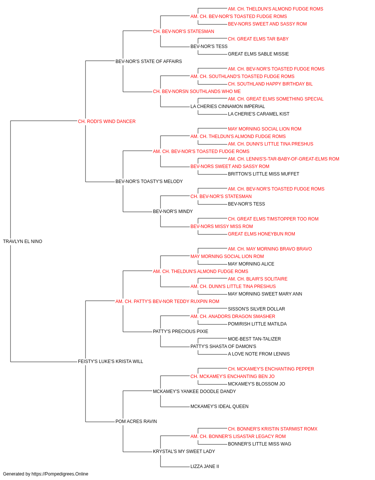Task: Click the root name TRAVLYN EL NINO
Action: click(22, 241)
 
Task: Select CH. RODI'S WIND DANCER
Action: click(106, 121)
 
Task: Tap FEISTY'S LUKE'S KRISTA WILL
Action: click(110, 361)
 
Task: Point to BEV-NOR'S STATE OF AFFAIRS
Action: click(148, 61)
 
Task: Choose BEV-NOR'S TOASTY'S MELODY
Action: click(149, 181)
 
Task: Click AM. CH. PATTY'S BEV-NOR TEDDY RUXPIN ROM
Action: click(167, 301)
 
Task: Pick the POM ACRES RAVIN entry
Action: click(136, 421)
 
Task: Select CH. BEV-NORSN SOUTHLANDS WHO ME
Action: click(197, 91)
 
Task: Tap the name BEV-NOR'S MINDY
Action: click(173, 211)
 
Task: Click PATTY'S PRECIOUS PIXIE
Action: click(180, 331)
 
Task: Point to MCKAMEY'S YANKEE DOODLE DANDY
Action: click(194, 391)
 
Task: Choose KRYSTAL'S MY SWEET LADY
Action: click(184, 451)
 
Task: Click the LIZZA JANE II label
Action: click(205, 466)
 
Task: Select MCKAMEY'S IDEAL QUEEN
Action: click(219, 406)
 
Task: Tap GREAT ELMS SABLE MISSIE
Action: click(258, 54)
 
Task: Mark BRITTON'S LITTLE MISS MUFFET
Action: click(264, 174)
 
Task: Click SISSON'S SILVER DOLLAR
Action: click(256, 309)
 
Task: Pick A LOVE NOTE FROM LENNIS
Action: click(259, 354)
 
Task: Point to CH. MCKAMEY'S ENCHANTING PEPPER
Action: click(271, 369)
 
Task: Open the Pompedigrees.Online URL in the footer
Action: click(60, 474)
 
